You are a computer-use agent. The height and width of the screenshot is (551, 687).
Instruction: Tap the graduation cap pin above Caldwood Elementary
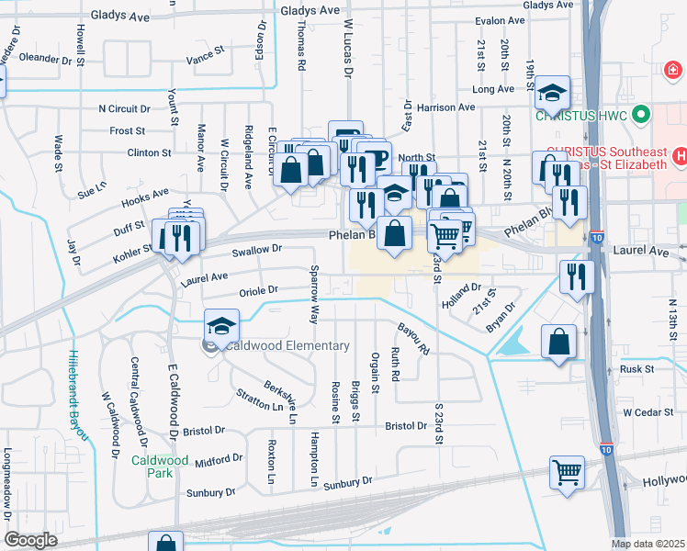(220, 326)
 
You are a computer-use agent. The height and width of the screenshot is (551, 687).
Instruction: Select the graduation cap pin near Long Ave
(553, 93)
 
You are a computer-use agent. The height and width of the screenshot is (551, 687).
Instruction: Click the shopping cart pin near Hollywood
(568, 473)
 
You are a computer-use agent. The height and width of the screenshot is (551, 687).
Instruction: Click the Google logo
(30, 540)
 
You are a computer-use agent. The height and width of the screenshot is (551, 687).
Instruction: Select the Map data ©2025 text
(648, 544)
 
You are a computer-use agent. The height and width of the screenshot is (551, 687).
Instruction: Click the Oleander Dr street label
(45, 59)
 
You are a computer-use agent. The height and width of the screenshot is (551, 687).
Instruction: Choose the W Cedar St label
(648, 412)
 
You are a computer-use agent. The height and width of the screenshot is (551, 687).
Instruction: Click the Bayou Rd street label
(414, 339)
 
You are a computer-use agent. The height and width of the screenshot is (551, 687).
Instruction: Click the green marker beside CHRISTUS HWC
(642, 116)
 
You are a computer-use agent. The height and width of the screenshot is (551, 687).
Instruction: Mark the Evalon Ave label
(500, 20)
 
